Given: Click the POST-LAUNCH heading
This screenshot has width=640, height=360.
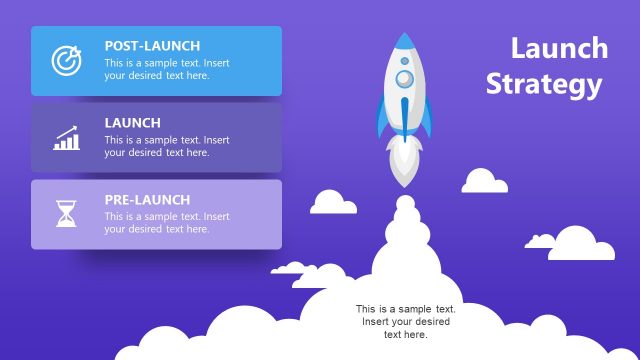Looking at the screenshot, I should tap(152, 46).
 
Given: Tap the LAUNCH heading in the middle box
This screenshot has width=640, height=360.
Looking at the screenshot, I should tap(132, 123).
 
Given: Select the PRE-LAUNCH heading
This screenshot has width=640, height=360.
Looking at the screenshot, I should tap(147, 200).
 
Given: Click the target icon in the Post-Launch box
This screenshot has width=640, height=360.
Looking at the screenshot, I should tap(67, 60).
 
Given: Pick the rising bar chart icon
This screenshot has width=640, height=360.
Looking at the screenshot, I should tap(67, 138).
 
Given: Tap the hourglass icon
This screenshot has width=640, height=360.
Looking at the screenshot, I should tap(67, 214).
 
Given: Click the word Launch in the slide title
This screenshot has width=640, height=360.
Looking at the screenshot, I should tap(559, 48).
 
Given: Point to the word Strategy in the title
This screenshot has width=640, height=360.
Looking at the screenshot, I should tap(544, 84).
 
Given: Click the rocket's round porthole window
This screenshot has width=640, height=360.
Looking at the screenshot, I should tap(404, 77).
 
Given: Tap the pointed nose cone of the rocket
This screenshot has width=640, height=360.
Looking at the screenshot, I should tap(404, 43).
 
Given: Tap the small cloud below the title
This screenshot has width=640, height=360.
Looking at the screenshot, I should tap(484, 182).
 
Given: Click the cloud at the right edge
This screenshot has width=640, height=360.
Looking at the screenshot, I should tap(583, 245).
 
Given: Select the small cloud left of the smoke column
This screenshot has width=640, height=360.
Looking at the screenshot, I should tap(333, 203).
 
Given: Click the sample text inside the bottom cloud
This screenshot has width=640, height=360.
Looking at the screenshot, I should tap(406, 321).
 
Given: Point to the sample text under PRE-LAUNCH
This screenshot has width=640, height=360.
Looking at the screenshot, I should tap(166, 223).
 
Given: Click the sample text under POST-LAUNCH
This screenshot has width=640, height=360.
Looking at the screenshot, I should tap(166, 69).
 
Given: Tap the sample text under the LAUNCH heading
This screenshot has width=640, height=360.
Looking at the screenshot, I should tap(166, 146).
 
